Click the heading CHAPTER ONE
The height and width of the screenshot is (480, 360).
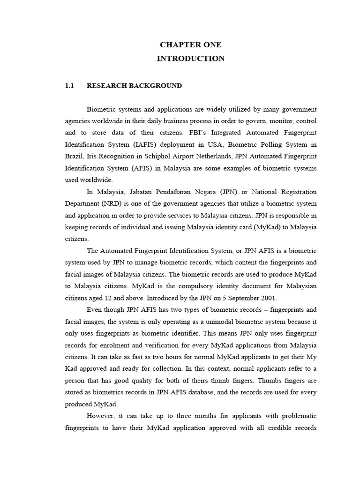click(190, 45)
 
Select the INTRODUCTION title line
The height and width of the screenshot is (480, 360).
click(190, 59)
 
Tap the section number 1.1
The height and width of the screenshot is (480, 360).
click(70, 86)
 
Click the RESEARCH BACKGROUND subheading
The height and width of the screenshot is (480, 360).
click(135, 86)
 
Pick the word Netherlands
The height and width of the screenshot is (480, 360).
click(220, 156)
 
